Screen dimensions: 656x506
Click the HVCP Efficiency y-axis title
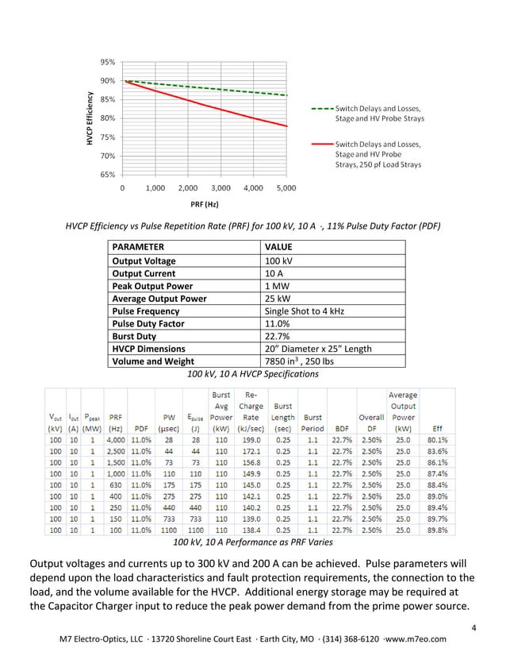(x=91, y=119)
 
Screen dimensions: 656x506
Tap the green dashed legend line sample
(x=320, y=108)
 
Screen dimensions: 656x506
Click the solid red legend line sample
(x=320, y=144)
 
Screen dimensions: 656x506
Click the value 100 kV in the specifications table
(x=277, y=260)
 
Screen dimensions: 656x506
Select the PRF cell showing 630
(x=117, y=483)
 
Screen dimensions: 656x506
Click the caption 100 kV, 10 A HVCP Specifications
(x=252, y=373)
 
